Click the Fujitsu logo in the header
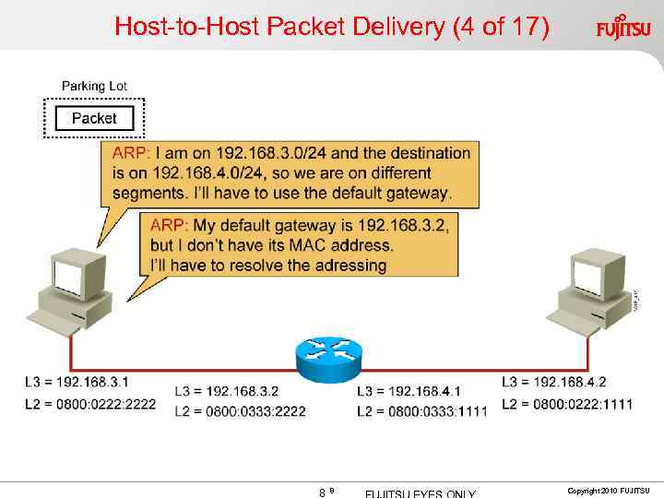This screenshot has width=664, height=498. click(622, 27)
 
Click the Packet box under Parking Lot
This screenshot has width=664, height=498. click(94, 118)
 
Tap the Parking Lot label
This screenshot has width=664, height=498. click(94, 86)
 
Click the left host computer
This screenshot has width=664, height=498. click(74, 290)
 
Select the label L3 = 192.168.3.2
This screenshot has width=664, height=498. click(226, 392)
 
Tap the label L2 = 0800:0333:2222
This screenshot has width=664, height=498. click(240, 411)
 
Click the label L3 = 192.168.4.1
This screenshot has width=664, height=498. click(408, 392)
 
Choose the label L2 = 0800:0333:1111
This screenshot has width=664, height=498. click(421, 411)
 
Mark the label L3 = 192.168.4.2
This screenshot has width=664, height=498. click(553, 381)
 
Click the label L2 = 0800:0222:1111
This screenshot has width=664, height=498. click(567, 403)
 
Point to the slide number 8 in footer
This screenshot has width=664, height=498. click(321, 492)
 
